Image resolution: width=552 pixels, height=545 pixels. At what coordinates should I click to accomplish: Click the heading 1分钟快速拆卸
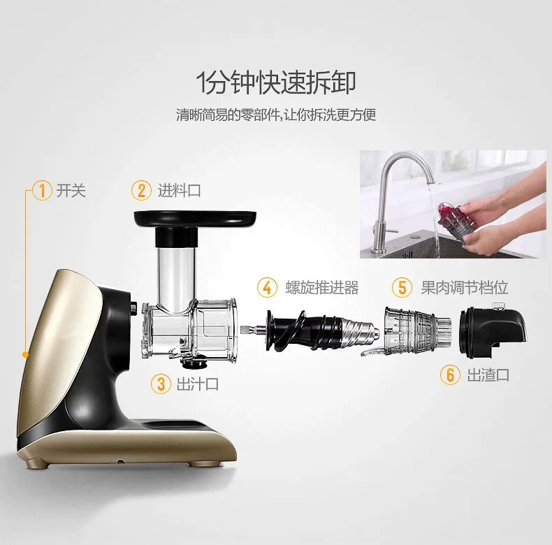pos(275,82)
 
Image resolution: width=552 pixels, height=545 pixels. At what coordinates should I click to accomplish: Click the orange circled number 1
pos(42,191)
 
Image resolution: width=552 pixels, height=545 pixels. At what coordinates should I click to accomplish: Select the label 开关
pos(71,191)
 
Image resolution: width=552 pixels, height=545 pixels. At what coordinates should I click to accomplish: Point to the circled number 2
pos(142,191)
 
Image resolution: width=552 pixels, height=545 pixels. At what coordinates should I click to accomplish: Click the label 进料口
pos(179,191)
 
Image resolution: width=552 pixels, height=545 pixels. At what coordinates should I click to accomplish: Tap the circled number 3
pos(161,384)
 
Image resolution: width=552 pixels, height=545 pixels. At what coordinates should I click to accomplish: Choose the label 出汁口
pos(198,384)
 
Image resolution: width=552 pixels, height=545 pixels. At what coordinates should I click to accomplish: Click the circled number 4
pos(267,288)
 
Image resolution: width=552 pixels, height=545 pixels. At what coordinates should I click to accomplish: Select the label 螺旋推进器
pos(322,288)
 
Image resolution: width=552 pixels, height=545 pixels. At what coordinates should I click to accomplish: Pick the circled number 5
pos(402,287)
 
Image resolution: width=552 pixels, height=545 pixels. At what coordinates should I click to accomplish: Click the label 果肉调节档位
pos(465,287)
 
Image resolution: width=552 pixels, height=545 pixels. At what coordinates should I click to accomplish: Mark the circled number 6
pos(450,375)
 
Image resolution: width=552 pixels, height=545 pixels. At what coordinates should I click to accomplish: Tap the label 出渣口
pos(488,375)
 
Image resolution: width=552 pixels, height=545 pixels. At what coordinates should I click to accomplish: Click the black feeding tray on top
pos(196,218)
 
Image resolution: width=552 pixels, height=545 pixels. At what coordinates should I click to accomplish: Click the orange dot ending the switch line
pos(25,354)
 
